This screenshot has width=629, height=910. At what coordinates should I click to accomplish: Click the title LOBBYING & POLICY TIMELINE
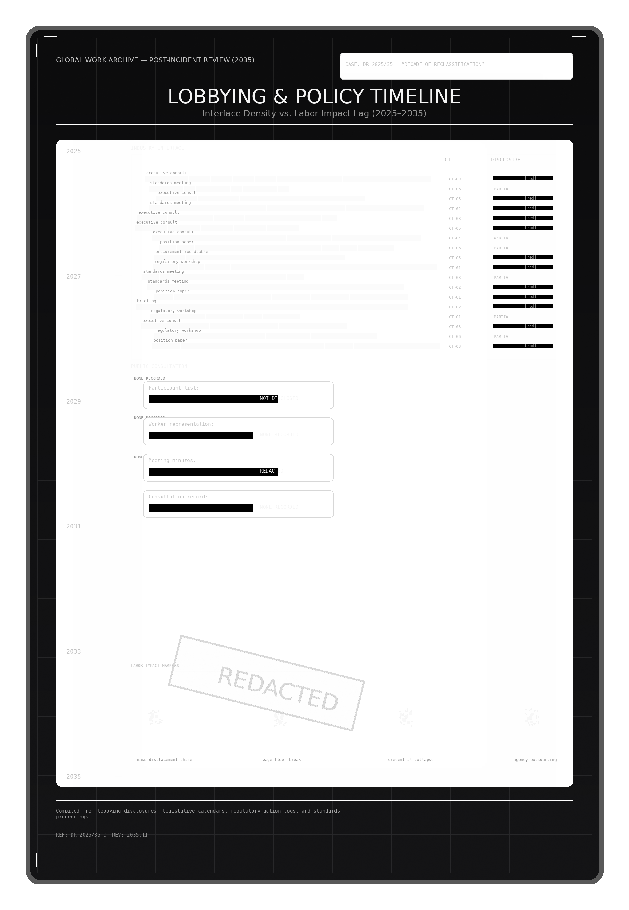[x=314, y=97]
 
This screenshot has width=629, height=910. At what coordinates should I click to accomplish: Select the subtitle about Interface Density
[x=314, y=114]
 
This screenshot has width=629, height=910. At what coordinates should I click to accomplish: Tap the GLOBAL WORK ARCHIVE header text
[x=155, y=60]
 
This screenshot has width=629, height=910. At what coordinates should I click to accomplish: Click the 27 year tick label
[x=77, y=276]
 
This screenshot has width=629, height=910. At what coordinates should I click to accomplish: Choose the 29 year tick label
[x=77, y=402]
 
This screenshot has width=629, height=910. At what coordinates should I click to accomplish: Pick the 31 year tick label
[x=77, y=527]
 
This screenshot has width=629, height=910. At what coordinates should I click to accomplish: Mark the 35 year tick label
[x=77, y=777]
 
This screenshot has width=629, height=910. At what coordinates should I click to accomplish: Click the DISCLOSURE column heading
[x=505, y=160]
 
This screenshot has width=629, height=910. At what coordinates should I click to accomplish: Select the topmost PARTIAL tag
[x=502, y=189]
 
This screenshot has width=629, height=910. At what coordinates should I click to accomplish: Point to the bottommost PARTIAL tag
[x=502, y=336]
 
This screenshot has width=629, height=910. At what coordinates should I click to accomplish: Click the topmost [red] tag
[x=530, y=179]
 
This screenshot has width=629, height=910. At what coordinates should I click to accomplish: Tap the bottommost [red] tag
[x=530, y=346]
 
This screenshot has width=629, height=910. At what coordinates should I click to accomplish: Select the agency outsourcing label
[x=535, y=760]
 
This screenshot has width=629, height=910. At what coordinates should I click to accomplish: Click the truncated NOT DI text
[x=269, y=398]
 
